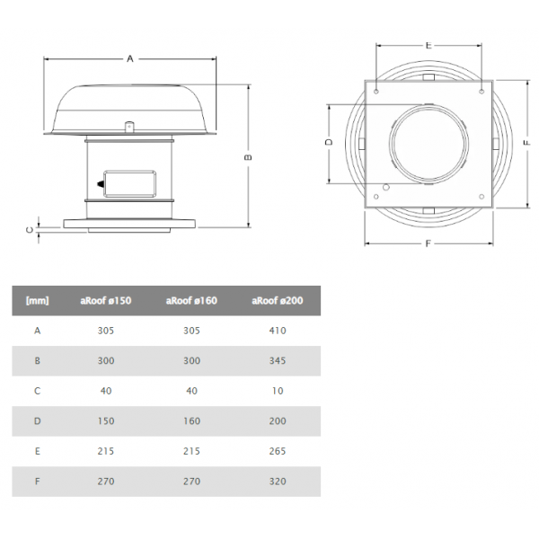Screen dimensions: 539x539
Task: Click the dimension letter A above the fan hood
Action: [130, 58]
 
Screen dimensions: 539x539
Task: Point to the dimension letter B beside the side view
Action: [248, 157]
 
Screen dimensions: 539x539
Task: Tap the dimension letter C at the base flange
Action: [30, 230]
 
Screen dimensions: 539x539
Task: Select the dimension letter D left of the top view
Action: [329, 142]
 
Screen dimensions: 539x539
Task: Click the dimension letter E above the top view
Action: [429, 46]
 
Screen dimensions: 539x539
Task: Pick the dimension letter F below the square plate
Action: [428, 243]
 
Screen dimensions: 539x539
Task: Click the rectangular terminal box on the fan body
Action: [129, 184]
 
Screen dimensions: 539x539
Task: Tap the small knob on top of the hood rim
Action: [128, 127]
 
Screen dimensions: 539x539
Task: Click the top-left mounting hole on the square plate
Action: [376, 92]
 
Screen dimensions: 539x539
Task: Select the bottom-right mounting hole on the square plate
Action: [482, 197]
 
